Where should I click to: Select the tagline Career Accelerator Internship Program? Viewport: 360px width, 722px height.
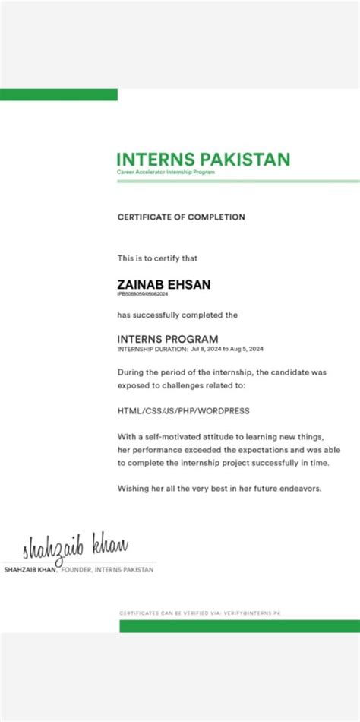(166, 173)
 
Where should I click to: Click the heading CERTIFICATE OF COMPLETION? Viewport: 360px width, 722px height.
(181, 217)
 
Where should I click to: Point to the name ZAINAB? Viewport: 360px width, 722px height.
(140, 284)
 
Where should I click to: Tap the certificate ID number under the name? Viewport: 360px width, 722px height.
(143, 293)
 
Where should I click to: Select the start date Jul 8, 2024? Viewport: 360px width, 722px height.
(207, 349)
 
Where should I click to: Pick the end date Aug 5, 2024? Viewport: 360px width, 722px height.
(246, 349)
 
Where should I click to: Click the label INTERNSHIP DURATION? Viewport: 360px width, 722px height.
(152, 349)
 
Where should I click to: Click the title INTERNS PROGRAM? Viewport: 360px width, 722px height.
(168, 339)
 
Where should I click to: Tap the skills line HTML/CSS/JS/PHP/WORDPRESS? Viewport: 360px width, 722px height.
(183, 411)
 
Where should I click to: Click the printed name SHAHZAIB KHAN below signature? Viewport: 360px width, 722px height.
(30, 569)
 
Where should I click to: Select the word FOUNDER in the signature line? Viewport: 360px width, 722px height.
(76, 569)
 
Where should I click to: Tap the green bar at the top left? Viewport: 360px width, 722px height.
(58, 95)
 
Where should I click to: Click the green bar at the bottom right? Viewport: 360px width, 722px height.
(239, 626)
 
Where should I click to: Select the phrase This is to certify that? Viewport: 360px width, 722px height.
(157, 258)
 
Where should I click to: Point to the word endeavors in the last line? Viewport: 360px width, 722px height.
(300, 488)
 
